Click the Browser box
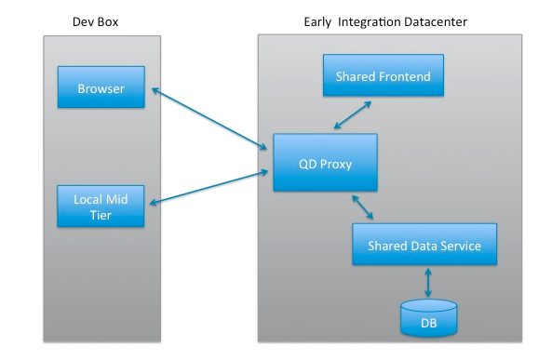point(101,87)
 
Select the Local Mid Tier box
point(101,207)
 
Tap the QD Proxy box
point(325,163)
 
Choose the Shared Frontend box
point(384,75)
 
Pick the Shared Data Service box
point(424,245)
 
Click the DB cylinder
point(429,318)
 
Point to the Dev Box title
point(95,21)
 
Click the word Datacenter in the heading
point(436,21)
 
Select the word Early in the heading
point(317,22)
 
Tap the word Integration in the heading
point(370,22)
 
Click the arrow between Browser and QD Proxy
point(209,119)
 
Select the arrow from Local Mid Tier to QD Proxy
point(209,187)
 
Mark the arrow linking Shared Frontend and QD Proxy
point(353,115)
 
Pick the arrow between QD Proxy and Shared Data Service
point(363,207)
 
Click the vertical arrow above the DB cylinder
point(428,283)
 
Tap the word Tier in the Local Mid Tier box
point(101,215)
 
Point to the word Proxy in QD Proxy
point(335,165)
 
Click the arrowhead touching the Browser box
point(155,90)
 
